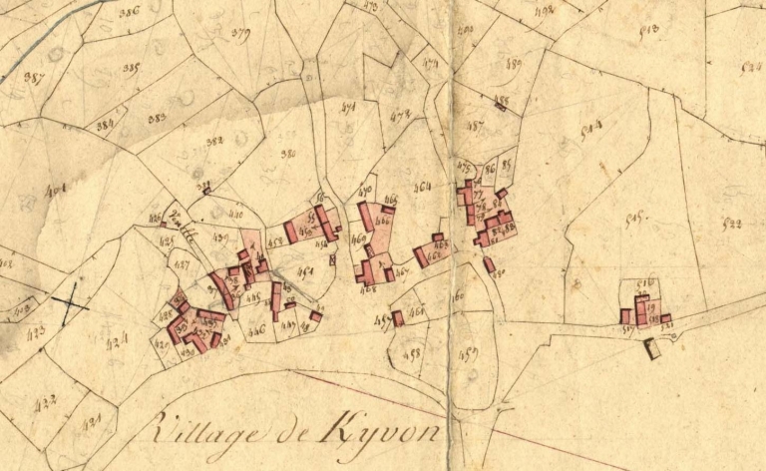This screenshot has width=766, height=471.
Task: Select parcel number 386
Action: [x=128, y=13]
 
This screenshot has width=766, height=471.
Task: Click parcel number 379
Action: [x=239, y=33]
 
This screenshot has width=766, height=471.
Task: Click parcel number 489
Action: [x=515, y=63]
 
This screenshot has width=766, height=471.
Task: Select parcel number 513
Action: [x=648, y=30]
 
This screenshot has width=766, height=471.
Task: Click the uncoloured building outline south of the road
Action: [x=653, y=348]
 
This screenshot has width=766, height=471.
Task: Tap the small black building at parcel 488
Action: [x=501, y=103]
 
